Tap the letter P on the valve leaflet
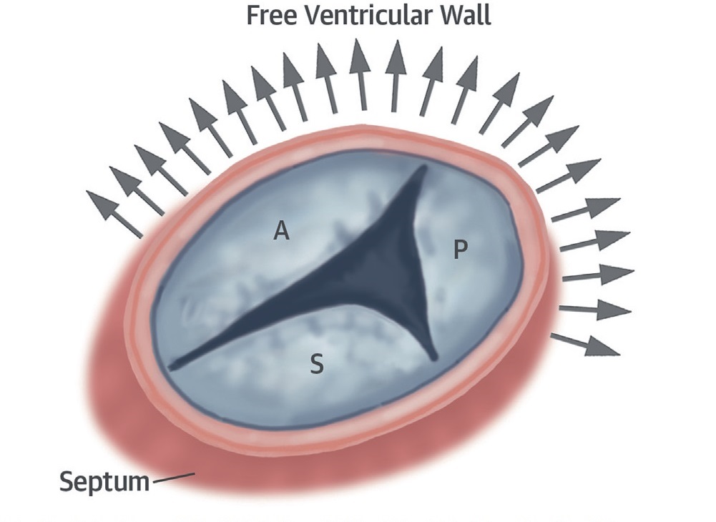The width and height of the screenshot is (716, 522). click(x=461, y=250)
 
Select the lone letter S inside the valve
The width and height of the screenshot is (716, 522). click(x=316, y=365)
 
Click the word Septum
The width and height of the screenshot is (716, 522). click(x=104, y=481)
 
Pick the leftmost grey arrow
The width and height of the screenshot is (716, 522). click(x=114, y=213)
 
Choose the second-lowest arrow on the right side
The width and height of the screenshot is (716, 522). click(x=595, y=310)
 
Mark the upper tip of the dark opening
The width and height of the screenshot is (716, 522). click(x=421, y=172)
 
